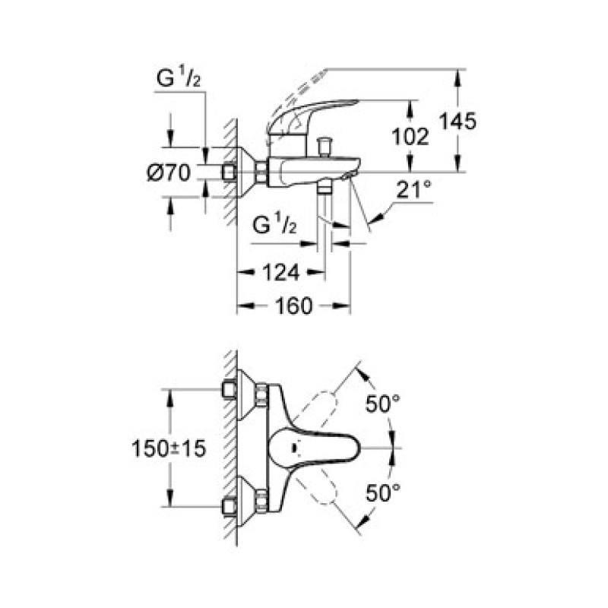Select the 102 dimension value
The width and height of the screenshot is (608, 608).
410,136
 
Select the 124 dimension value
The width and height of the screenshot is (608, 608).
281,271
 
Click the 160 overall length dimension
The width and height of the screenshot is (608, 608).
294,306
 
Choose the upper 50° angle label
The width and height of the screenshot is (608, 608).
382,404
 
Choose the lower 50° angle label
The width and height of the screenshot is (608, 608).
382,492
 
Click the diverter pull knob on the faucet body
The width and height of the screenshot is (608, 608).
328,144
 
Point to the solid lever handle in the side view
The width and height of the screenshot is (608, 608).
312,115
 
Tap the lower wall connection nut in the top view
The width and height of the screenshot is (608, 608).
261,502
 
